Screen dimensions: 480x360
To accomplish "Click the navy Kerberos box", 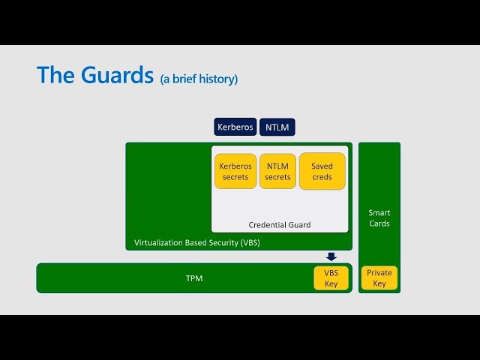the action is click(x=235, y=127).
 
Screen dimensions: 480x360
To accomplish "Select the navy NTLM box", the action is click(x=277, y=127).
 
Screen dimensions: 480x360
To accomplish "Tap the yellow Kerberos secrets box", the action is click(x=235, y=171).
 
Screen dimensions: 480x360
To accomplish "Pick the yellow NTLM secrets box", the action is click(x=277, y=171).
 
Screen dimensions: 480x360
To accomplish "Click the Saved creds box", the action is click(x=322, y=171).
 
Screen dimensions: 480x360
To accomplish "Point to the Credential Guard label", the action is click(x=280, y=225).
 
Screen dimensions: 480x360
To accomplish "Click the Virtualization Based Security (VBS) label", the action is click(x=197, y=243).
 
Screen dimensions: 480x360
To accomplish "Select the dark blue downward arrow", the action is click(x=331, y=256).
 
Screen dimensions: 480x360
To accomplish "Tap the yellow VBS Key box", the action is click(x=331, y=278).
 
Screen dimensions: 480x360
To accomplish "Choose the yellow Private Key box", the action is click(x=379, y=278).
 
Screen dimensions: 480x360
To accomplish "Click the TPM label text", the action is click(x=194, y=278).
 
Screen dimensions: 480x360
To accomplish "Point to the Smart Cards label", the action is click(x=379, y=218).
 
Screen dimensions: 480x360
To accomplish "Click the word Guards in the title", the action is click(x=117, y=75).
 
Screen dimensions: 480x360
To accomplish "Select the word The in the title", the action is click(x=56, y=75).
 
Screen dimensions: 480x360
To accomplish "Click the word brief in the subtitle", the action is click(x=184, y=79).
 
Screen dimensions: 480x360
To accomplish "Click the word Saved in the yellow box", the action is click(x=322, y=166).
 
